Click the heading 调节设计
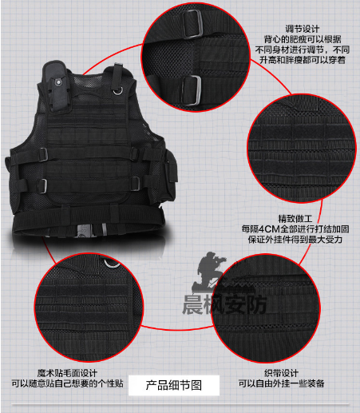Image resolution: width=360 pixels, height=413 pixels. [x=303, y=29]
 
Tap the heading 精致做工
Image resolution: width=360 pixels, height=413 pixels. [x=295, y=219]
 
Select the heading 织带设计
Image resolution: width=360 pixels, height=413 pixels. [x=281, y=373]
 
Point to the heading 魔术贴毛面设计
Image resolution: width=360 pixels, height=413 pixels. [x=67, y=373]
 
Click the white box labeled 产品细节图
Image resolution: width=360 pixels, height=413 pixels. [x=174, y=385]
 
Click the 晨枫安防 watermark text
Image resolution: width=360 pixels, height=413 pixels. [x=224, y=304]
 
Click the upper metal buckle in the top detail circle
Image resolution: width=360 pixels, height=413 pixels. [x=192, y=24]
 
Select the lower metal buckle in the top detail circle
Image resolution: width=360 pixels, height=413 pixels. [x=192, y=90]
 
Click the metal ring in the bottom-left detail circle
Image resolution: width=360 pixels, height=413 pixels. [x=112, y=264]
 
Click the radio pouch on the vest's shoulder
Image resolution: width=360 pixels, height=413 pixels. [x=57, y=86]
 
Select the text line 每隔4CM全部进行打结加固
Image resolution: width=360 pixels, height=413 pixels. [x=295, y=229]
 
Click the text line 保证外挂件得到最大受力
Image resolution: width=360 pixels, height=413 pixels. [x=295, y=239]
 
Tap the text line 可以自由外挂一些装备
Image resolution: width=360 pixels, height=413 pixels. [x=281, y=383]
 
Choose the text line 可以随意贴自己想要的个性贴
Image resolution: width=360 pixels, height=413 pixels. [x=67, y=383]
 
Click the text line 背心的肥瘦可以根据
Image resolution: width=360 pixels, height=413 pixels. [x=303, y=39]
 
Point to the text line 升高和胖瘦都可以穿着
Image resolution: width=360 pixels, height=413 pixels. [x=303, y=60]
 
